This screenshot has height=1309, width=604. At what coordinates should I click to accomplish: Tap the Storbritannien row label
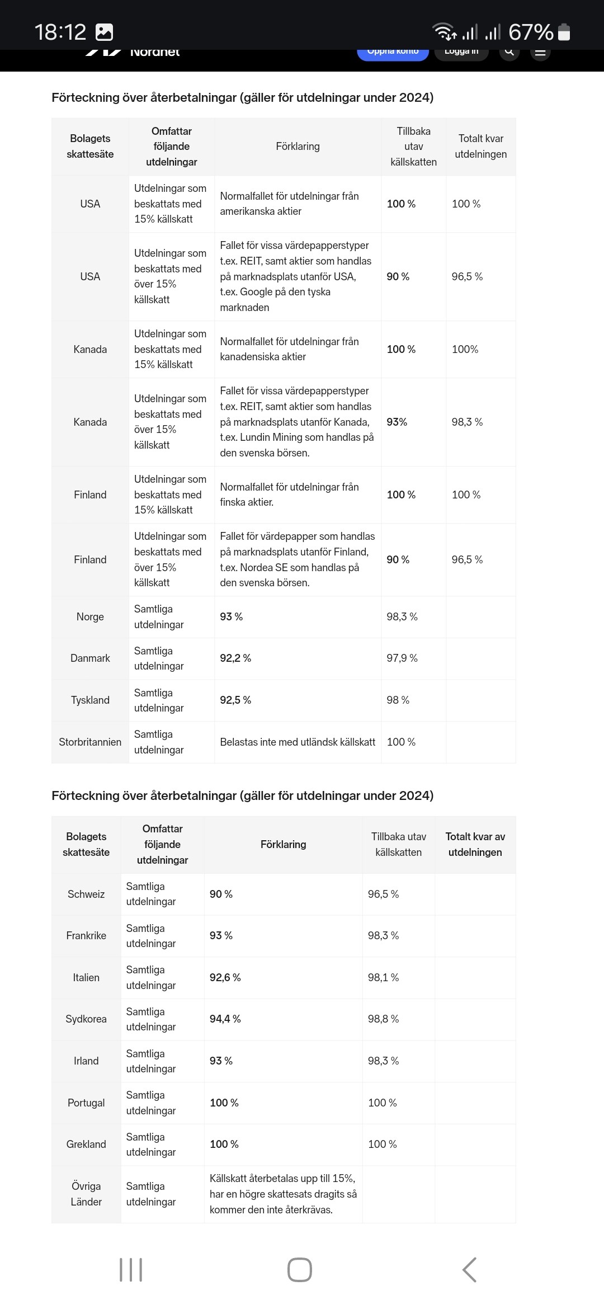[x=90, y=742]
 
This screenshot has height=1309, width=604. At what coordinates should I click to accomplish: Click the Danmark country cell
[x=90, y=658]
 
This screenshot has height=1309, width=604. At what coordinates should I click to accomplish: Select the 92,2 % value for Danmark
[x=235, y=658]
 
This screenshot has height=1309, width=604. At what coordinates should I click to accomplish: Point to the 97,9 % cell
[x=402, y=658]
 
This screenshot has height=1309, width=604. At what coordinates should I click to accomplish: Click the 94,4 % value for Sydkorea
[x=225, y=1019]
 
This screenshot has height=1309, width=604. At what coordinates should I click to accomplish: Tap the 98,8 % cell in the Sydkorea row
[x=384, y=1019]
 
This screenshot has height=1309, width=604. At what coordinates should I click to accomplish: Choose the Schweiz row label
[x=86, y=894]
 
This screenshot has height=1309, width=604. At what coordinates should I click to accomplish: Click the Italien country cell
[x=86, y=977]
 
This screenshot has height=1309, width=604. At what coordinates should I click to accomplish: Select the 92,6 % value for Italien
[x=225, y=977]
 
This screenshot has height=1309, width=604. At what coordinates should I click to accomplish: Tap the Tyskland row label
[x=90, y=700]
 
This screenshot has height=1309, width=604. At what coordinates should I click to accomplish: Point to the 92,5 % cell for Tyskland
[x=235, y=700]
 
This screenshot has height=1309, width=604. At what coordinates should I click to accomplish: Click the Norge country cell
[x=90, y=616]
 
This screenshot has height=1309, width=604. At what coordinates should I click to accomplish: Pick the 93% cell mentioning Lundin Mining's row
[x=397, y=422]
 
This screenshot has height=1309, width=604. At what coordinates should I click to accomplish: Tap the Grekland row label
[x=86, y=1144]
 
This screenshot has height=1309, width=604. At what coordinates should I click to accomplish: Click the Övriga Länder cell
[x=86, y=1194]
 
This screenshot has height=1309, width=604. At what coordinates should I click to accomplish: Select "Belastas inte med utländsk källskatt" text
[x=298, y=742]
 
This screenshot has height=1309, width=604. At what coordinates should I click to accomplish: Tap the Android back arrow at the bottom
[x=470, y=1270]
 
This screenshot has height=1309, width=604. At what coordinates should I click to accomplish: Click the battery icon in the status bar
[x=564, y=32]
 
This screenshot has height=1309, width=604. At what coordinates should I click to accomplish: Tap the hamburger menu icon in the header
[x=540, y=52]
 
